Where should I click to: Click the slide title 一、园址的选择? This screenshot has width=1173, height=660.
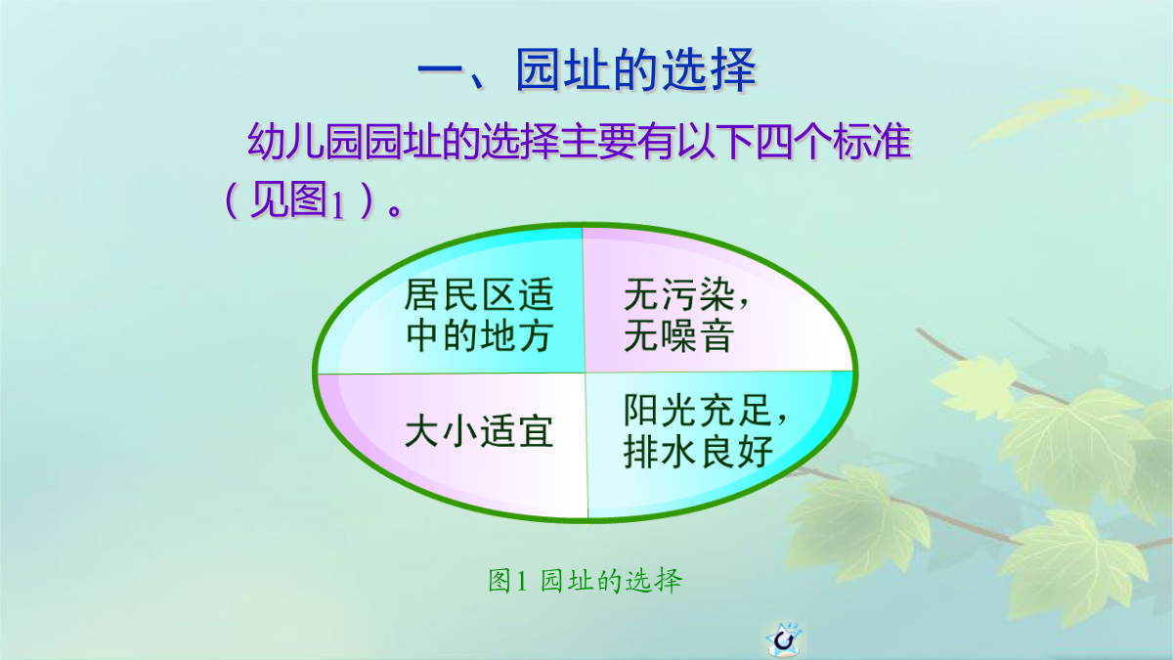[587, 70]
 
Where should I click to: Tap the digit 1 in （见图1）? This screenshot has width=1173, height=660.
[338, 205]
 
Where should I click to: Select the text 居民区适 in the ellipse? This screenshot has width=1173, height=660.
[479, 295]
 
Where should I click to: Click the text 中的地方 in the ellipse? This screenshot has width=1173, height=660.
[479, 336]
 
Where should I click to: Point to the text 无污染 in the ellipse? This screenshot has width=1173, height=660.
[679, 295]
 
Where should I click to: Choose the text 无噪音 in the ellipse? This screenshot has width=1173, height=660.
[678, 336]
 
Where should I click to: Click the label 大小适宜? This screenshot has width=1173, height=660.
[479, 431]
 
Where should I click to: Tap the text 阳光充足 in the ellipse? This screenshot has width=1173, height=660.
[698, 410]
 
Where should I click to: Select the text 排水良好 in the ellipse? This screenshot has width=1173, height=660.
[698, 452]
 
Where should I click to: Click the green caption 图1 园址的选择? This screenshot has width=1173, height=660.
[585, 581]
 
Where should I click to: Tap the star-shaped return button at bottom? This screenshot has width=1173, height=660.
[784, 638]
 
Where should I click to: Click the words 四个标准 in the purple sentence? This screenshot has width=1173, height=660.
[833, 142]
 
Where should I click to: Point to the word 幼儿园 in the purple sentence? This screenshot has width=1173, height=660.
[305, 142]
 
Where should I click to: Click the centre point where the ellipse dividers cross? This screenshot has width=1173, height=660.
[585, 373]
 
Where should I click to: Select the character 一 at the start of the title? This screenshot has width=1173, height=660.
[441, 70]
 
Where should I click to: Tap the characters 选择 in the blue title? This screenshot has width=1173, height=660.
[709, 70]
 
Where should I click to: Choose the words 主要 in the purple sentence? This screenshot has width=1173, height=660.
[598, 142]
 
